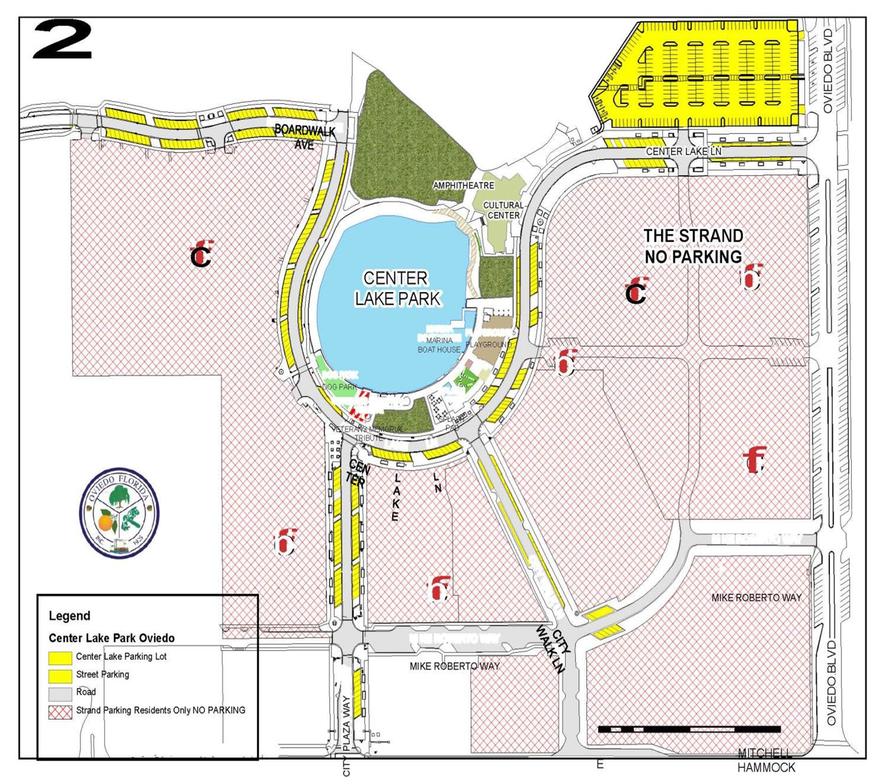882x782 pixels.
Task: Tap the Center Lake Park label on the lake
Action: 396,289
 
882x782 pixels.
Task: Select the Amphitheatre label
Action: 463,185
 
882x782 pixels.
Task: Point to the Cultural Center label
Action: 503,210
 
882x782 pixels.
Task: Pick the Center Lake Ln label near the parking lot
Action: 683,151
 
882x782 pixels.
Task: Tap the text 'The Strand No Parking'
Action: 693,246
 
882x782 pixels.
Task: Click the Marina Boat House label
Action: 439,345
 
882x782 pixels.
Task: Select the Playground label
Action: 488,344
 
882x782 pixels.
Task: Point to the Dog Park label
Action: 339,387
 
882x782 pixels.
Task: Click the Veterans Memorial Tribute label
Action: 368,433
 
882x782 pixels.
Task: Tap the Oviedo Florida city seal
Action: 119,512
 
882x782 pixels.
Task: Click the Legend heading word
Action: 69,616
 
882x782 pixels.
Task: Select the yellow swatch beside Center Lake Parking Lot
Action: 60,658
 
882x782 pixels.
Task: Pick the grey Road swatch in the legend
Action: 60,694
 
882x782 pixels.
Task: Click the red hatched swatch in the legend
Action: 60,712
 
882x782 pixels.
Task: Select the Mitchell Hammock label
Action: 766,761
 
